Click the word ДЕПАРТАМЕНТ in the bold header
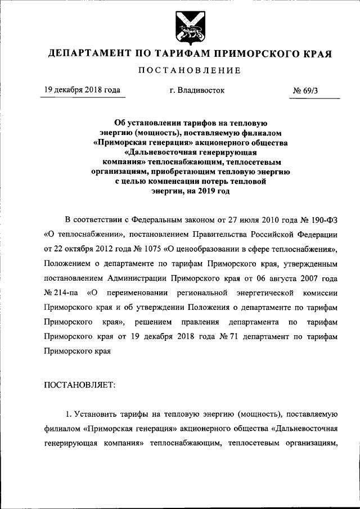[88, 54]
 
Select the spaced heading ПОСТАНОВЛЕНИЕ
[190, 71]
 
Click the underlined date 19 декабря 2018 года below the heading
[81, 90]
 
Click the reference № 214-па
[60, 292]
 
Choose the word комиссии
[319, 292]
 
